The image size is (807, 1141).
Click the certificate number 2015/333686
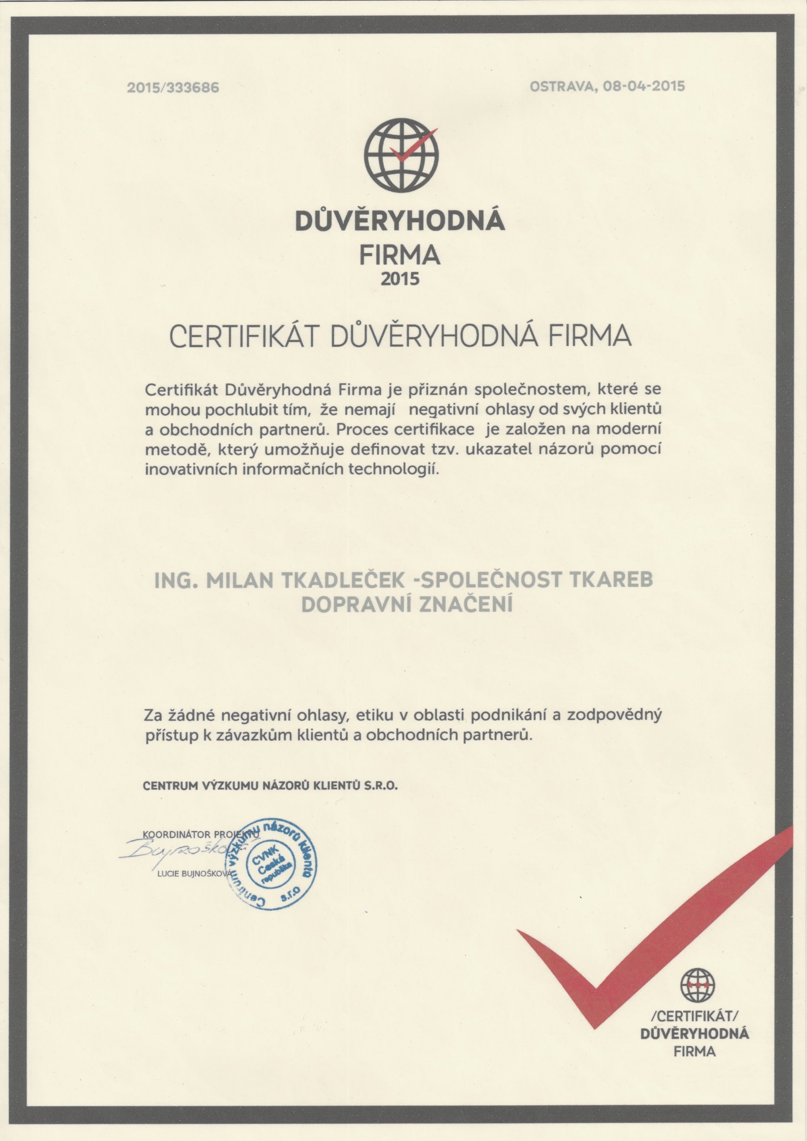coord(172,88)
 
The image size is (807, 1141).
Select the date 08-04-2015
coord(643,86)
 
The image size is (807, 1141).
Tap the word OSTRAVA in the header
coord(560,86)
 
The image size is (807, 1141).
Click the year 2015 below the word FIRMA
coord(400,279)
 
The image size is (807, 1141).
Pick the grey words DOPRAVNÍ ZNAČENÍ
coord(407,604)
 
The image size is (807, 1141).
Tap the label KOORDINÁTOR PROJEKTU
coord(199,834)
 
